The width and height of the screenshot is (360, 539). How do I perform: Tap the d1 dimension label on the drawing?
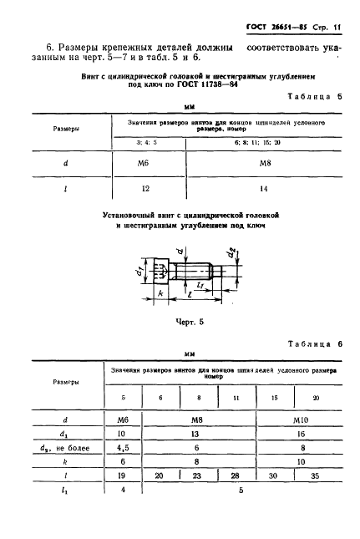pyautogui.click(x=137, y=272)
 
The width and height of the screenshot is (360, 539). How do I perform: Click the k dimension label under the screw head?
pyautogui.click(x=159, y=295)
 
